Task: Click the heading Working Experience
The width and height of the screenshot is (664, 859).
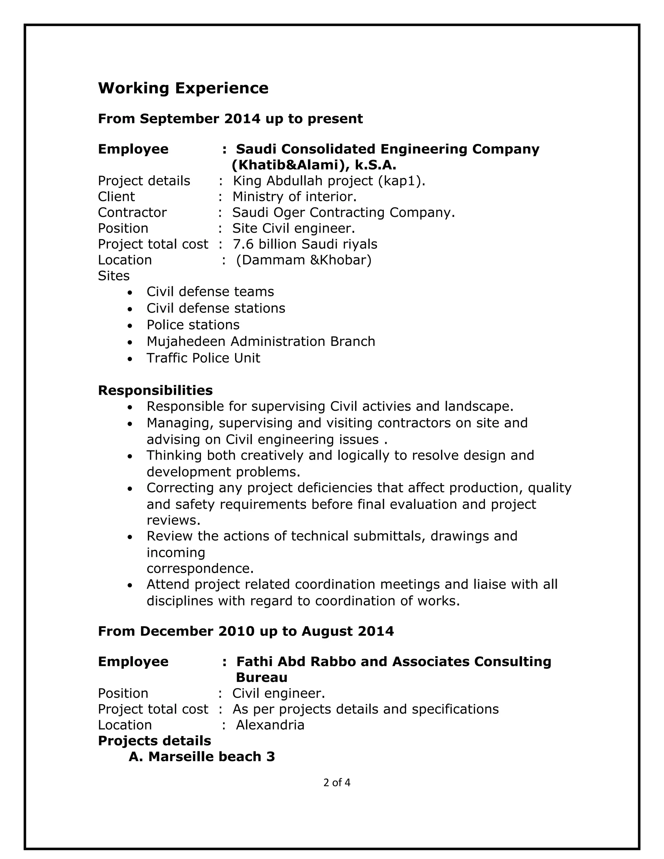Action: click(183, 88)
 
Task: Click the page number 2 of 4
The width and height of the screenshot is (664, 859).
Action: click(337, 783)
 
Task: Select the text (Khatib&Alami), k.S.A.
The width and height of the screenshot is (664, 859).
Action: click(314, 165)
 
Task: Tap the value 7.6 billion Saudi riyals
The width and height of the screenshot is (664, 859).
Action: click(305, 244)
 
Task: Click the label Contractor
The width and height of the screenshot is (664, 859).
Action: click(132, 212)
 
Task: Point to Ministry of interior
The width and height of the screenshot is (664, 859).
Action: click(294, 197)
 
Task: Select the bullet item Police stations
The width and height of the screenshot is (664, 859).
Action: click(193, 325)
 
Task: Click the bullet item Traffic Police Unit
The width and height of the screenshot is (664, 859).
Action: click(203, 358)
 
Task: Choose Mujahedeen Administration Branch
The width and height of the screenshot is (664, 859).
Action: click(261, 341)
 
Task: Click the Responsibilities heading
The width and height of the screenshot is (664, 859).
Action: click(155, 390)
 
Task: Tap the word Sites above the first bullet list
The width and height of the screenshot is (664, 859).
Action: click(114, 276)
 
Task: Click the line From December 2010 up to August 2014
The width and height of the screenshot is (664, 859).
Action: click(246, 631)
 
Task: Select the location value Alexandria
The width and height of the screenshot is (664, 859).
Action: click(270, 725)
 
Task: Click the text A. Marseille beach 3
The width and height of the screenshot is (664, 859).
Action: click(201, 757)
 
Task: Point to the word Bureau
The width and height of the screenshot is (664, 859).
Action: click(262, 677)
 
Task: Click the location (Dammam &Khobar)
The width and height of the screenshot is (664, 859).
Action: click(304, 260)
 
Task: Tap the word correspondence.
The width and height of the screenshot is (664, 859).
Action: click(200, 568)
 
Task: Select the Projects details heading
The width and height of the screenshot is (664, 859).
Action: click(154, 741)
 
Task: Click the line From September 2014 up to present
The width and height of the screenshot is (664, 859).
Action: click(230, 118)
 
